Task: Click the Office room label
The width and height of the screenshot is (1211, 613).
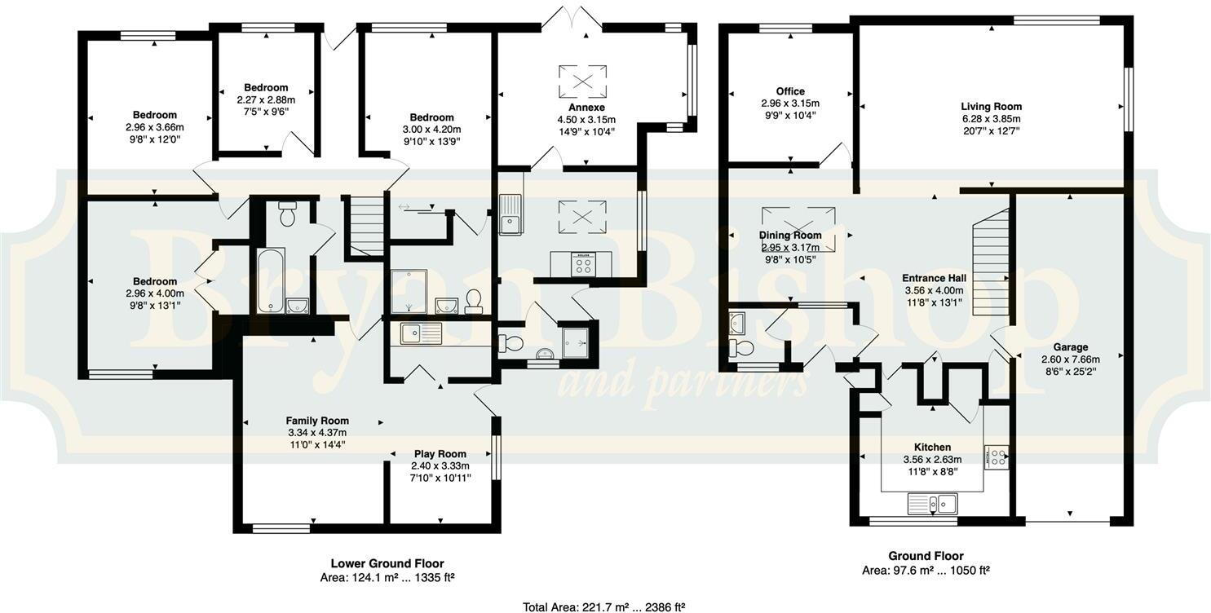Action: [789, 91]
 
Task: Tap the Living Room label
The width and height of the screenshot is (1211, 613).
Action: [991, 107]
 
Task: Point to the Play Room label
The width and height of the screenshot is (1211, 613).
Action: [440, 454]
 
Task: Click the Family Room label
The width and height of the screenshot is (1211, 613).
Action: [317, 421]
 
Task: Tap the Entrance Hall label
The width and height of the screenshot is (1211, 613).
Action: [934, 278]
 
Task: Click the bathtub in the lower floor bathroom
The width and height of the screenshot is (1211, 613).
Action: [270, 281]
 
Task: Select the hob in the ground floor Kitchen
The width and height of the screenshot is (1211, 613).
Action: [996, 456]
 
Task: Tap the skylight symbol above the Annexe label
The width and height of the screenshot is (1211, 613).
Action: [583, 81]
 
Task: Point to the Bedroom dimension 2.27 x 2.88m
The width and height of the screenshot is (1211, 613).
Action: [266, 99]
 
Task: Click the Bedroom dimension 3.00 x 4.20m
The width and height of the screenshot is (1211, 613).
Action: [431, 129]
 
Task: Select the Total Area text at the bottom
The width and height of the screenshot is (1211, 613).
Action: [603, 606]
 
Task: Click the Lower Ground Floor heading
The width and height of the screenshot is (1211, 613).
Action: [387, 563]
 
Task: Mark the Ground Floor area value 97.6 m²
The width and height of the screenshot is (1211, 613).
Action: [917, 571]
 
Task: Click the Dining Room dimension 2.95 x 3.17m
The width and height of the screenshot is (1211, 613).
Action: [790, 248]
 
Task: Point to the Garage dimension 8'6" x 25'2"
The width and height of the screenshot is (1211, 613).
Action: [1070, 371]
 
